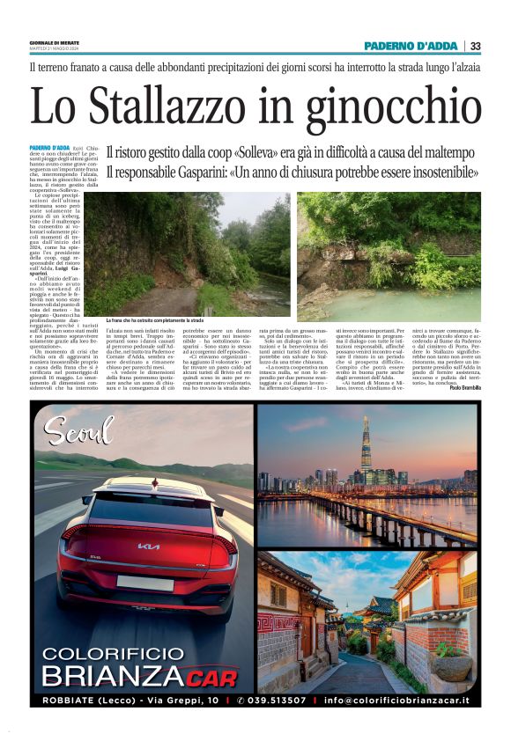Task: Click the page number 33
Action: [x=475, y=46]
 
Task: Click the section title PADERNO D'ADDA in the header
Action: [x=412, y=46]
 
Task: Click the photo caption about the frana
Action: [x=154, y=320]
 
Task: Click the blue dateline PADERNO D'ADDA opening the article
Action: [x=49, y=148]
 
